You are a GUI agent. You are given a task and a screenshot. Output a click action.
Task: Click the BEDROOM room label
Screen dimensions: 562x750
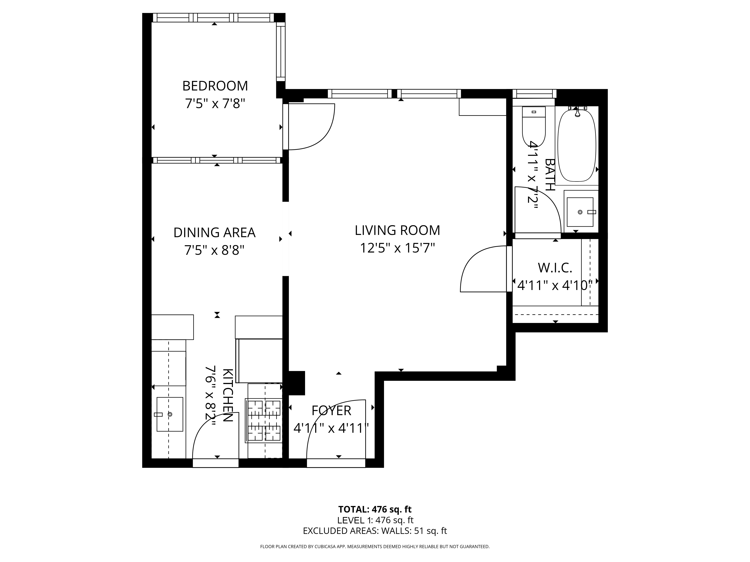pos(215,86)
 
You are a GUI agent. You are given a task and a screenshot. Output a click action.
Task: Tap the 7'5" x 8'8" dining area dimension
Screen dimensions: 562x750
pos(214,250)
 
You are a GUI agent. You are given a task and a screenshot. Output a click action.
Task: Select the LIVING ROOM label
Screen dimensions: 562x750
pos(397,230)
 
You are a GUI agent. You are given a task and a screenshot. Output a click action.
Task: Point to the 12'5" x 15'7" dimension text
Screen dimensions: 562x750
pos(397,248)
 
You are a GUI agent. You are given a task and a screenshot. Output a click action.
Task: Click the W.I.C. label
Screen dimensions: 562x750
pos(555,268)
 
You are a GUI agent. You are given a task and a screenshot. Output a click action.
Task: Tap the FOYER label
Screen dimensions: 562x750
pos(331,411)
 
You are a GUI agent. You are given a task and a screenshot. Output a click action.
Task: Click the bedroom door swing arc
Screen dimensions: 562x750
pos(312,127)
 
